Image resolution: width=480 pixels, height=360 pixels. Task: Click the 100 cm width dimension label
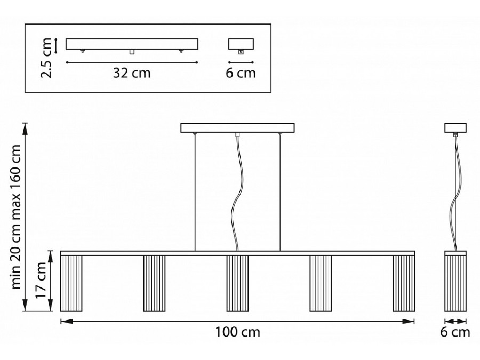click(x=237, y=332)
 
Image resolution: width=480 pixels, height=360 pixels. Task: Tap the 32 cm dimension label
click(x=132, y=73)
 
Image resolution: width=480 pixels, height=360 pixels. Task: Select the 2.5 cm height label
click(x=46, y=58)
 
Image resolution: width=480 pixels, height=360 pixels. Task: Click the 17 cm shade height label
click(x=41, y=280)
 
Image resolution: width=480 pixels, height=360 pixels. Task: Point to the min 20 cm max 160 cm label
click(x=15, y=217)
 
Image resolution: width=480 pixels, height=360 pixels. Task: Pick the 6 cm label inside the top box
click(x=241, y=73)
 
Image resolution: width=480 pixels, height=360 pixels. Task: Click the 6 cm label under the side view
click(x=455, y=332)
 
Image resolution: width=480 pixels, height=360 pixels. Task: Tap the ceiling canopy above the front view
click(x=237, y=128)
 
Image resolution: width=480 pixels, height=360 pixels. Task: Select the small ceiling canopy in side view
click(x=455, y=128)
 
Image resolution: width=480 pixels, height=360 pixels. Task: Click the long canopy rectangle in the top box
click(x=132, y=44)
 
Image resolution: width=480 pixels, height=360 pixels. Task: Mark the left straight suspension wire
click(x=195, y=193)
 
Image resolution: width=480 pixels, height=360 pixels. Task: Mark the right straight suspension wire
click(x=280, y=193)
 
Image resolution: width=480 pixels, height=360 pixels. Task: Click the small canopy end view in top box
click(x=241, y=44)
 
